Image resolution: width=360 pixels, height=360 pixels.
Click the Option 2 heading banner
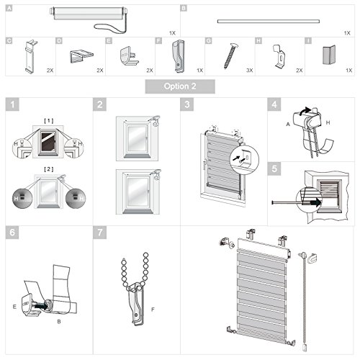tap(180, 86)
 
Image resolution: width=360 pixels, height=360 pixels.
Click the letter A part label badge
tap(9, 9)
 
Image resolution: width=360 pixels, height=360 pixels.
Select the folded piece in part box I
tap(328, 56)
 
